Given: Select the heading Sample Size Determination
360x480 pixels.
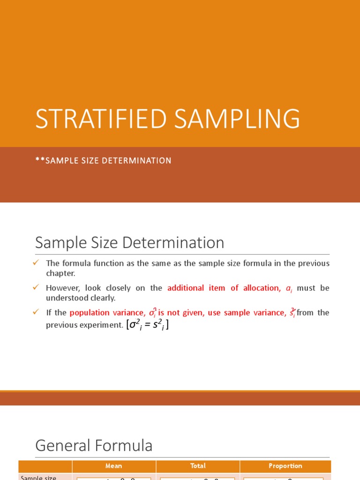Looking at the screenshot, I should pyautogui.click(x=130, y=243).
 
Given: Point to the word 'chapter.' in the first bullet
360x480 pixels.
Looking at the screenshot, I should pyautogui.click(x=60, y=273).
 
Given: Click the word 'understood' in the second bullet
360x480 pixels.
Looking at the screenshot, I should pyautogui.click(x=65, y=298).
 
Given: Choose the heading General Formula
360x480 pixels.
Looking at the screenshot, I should pyautogui.click(x=94, y=446).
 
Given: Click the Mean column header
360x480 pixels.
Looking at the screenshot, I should pyautogui.click(x=113, y=466).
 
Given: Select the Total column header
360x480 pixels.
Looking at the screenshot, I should pyautogui.click(x=198, y=466).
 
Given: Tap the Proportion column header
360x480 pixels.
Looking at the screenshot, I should pyautogui.click(x=285, y=466).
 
